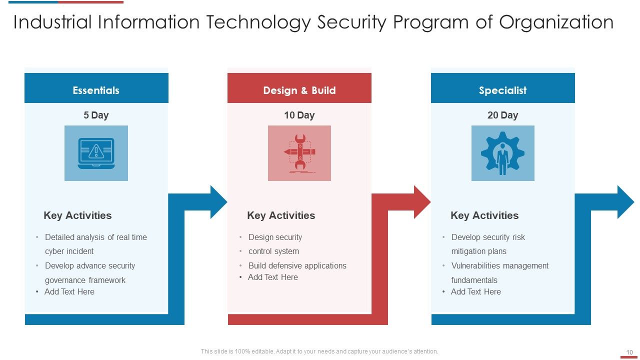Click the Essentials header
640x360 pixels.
(x=96, y=90)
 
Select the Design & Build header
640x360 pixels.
(x=299, y=90)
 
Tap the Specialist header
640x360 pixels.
(x=502, y=90)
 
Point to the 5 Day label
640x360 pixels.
(x=96, y=115)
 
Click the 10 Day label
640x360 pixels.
(x=299, y=115)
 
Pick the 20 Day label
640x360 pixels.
(x=502, y=115)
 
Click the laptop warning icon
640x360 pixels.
(x=96, y=153)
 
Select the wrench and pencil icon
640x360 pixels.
(x=299, y=153)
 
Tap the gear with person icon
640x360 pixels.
(x=502, y=153)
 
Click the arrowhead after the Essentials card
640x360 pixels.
(x=218, y=202)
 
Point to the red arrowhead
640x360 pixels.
(x=421, y=202)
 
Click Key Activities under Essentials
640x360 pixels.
(x=77, y=215)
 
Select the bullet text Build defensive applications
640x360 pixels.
(x=297, y=265)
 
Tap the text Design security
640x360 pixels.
(x=275, y=237)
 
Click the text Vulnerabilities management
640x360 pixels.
(x=499, y=265)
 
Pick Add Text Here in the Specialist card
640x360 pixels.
(x=475, y=291)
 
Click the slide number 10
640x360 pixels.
(x=629, y=352)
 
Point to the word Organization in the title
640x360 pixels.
(x=556, y=22)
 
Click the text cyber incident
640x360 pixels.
(x=69, y=251)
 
